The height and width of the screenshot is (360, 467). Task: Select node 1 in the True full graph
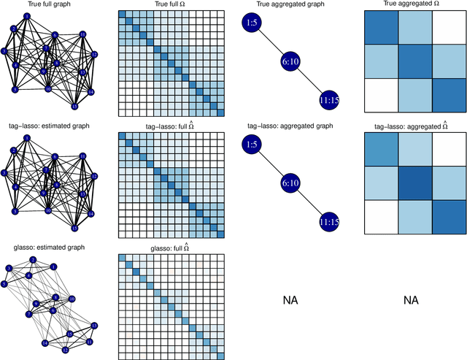[27, 16]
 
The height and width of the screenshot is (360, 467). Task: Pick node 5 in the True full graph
[15, 90]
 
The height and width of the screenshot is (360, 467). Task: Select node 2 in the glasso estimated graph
[32, 261]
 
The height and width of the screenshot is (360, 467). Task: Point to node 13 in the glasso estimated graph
[93, 325]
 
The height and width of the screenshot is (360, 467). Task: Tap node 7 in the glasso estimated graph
[30, 314]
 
